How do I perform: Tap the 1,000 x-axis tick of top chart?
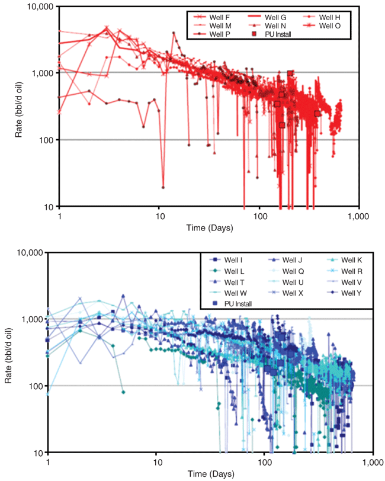pos(358,216)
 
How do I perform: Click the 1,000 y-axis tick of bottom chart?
pos(33,319)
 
